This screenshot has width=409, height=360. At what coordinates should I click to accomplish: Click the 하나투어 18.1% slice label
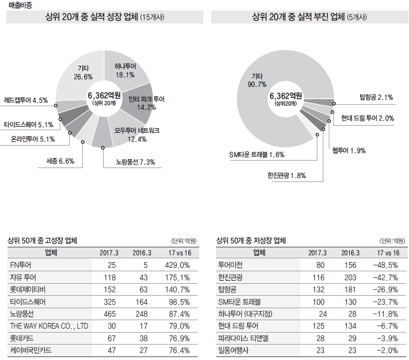125,70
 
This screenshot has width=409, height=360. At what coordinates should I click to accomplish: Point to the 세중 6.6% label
60,161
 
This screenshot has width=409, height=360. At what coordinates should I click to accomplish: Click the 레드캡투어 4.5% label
26,100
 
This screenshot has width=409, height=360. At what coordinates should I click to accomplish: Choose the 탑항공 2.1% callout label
376,97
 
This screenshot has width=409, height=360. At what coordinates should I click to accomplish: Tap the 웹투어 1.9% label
349,151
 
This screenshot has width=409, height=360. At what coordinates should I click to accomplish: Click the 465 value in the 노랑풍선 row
111,314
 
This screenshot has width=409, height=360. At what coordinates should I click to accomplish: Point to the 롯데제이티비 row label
28,289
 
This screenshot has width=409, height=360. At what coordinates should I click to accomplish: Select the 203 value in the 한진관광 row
350,277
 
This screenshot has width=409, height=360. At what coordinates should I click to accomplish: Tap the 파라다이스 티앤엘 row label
243,339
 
